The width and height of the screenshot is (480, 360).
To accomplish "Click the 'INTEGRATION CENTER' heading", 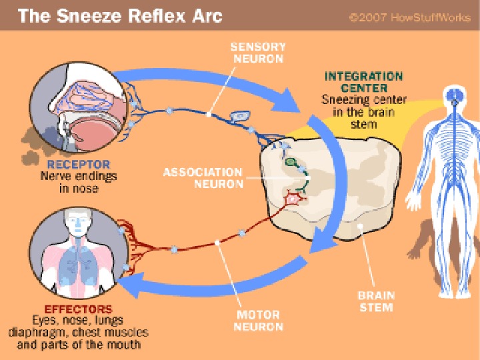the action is pos(363,82).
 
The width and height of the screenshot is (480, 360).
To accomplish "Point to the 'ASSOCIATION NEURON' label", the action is pos(203,178).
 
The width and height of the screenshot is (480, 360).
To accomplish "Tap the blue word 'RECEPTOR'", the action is pos(79,165).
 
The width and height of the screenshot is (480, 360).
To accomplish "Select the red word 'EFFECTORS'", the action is pos(79,309).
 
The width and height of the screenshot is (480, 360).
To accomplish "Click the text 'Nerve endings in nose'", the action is pos(79,183).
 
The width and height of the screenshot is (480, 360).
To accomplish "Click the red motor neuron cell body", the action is pos(291,198).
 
